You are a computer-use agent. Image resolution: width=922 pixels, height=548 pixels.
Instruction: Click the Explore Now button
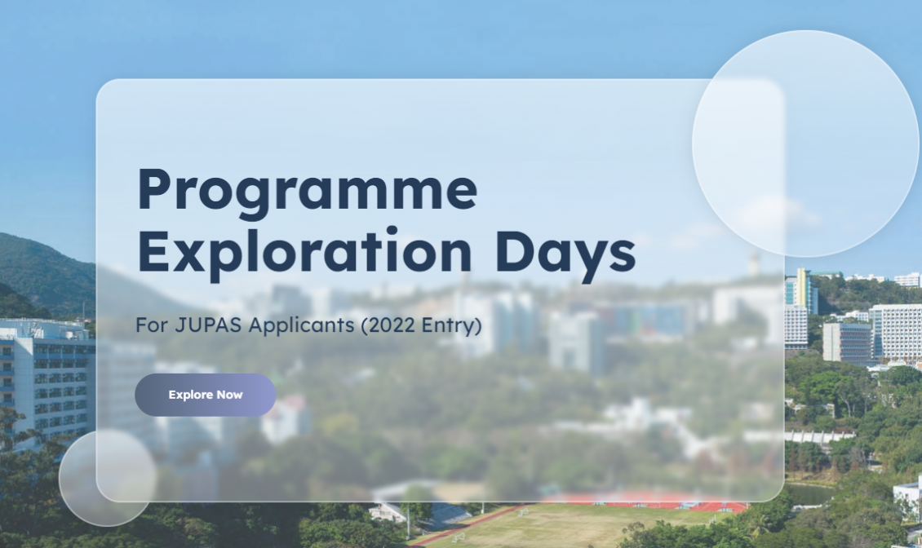206,395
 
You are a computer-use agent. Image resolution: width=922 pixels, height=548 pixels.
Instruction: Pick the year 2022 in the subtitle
388,325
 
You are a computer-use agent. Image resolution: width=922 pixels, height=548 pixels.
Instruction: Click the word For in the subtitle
152,325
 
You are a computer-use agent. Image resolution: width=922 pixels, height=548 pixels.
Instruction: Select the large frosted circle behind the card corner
805,144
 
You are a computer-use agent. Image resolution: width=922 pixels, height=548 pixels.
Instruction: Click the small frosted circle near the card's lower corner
108,477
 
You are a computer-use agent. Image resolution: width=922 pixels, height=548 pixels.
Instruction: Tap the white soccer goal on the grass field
458,537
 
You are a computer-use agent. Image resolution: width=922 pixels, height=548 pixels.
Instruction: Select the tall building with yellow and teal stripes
801,290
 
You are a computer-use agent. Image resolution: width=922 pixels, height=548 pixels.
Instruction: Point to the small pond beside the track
810,494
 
